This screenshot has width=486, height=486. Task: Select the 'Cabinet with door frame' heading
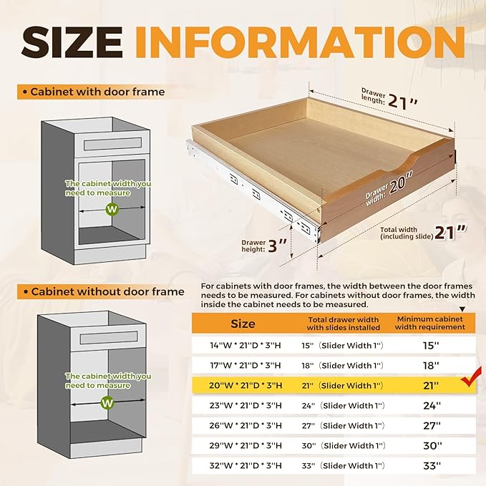click(97, 92)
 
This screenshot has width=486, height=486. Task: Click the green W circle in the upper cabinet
click(111, 209)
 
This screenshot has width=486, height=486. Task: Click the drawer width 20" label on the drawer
click(391, 188)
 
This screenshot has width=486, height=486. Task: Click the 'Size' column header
click(242, 324)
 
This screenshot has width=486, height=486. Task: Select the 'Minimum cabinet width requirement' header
click(430, 323)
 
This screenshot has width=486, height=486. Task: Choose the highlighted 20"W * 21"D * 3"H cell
click(246, 385)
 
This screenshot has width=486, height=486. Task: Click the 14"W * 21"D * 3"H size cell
click(246, 345)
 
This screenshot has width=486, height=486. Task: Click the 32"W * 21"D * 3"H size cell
click(246, 465)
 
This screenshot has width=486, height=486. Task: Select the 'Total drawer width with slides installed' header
click(343, 324)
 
